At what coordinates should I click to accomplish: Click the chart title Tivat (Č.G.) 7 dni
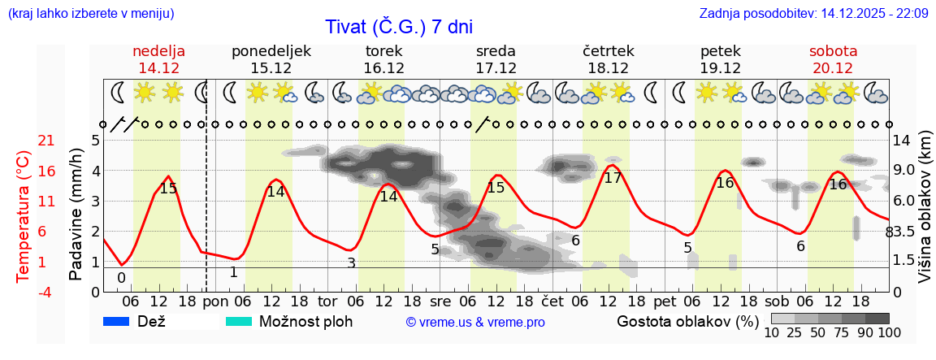pyautogui.click(x=398, y=27)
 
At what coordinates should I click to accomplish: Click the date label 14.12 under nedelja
pyautogui.click(x=158, y=68)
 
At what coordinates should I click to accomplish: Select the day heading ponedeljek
pyautogui.click(x=271, y=51)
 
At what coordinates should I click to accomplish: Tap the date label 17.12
pyautogui.click(x=496, y=68)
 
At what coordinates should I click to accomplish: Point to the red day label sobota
pyautogui.click(x=833, y=51)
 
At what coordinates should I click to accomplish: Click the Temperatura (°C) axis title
pyautogui.click(x=23, y=216)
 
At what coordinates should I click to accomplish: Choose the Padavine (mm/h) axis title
pyautogui.click(x=76, y=215)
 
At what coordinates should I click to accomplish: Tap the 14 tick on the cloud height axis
pyautogui.click(x=901, y=141)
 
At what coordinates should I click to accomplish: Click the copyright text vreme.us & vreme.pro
pyautogui.click(x=475, y=323)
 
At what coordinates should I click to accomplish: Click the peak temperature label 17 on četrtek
pyautogui.click(x=613, y=178)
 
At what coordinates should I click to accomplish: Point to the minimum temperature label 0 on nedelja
pyautogui.click(x=121, y=277)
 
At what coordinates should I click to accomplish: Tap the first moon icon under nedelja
pyautogui.click(x=118, y=93)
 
